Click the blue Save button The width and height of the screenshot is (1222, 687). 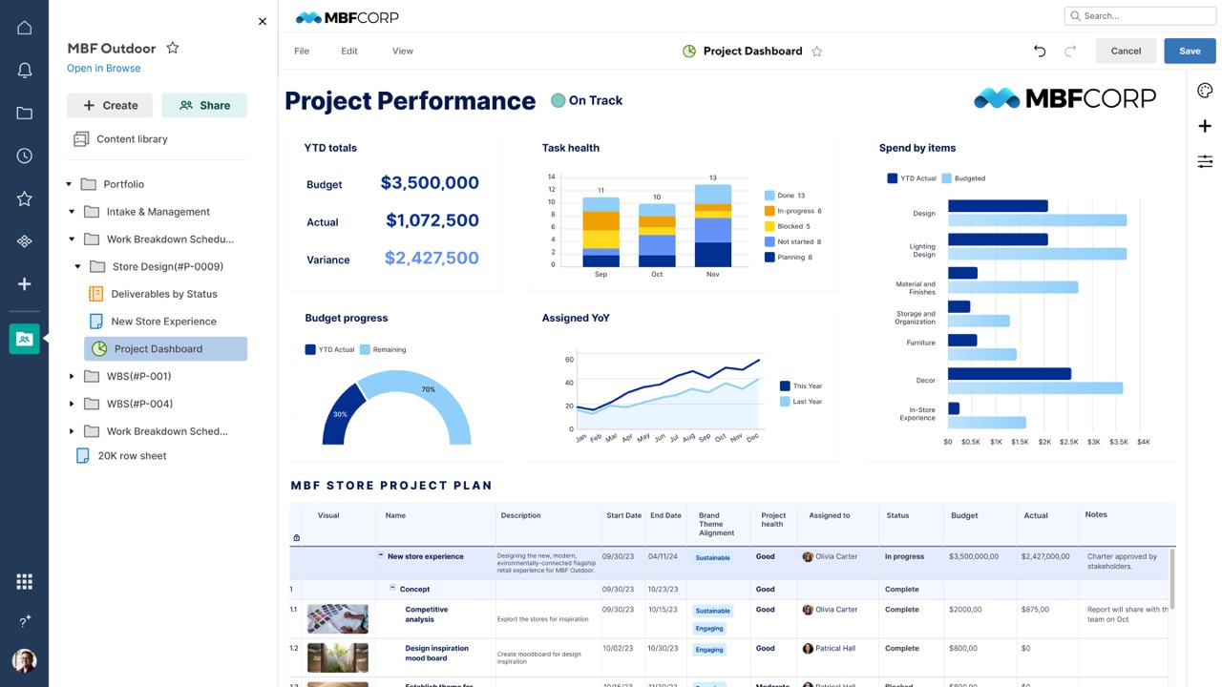click(x=1190, y=52)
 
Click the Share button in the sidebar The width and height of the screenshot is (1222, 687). click(x=204, y=106)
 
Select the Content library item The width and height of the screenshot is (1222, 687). click(x=132, y=139)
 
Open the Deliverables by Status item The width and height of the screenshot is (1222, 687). click(x=163, y=294)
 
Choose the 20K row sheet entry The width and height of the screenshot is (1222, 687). click(x=132, y=456)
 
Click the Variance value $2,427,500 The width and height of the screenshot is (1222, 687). click(x=432, y=259)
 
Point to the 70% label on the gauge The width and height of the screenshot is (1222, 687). click(x=429, y=389)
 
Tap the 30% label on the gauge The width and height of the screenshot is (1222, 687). click(x=340, y=414)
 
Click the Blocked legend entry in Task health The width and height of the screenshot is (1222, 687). click(x=792, y=226)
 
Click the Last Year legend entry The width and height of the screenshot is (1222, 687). click(x=807, y=402)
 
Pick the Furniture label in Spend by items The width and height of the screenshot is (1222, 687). click(x=920, y=343)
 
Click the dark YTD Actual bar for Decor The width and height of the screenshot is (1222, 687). click(x=1009, y=374)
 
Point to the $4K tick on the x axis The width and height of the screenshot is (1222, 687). click(x=1143, y=442)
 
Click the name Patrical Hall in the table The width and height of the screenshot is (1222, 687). click(x=836, y=649)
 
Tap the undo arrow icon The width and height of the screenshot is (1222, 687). click(x=1040, y=52)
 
